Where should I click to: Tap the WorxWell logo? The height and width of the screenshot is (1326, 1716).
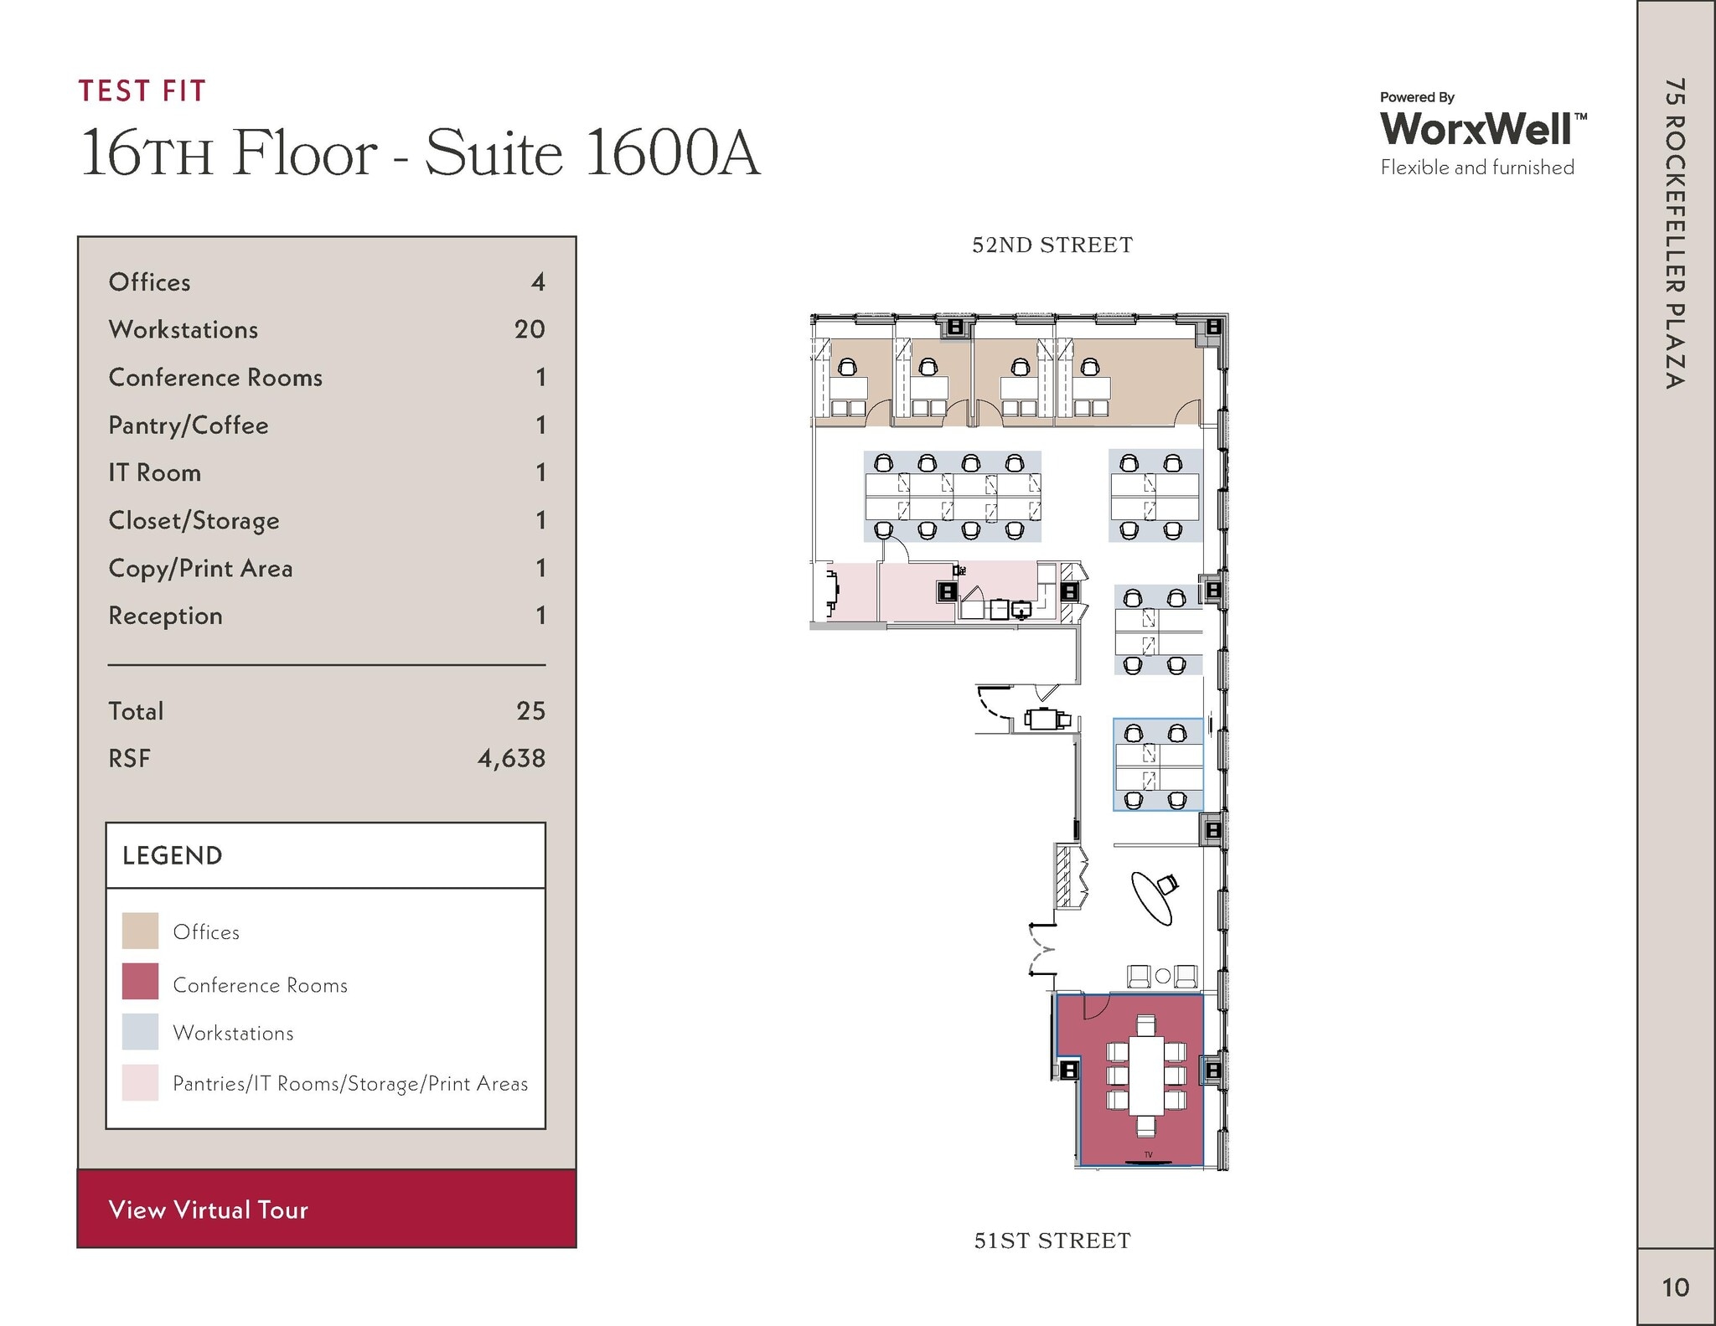(x=1482, y=129)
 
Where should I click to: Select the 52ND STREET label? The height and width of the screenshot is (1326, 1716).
(x=1052, y=245)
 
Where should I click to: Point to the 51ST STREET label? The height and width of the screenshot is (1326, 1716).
(x=1052, y=1241)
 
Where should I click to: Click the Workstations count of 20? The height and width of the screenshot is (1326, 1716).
(x=530, y=329)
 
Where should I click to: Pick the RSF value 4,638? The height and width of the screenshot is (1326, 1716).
(x=511, y=758)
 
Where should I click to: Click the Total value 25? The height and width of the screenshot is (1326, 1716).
(x=530, y=711)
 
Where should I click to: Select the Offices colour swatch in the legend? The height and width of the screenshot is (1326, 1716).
(x=140, y=931)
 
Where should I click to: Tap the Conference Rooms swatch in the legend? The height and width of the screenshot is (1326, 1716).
(x=140, y=981)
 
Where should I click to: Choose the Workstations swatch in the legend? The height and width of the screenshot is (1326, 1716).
(x=140, y=1032)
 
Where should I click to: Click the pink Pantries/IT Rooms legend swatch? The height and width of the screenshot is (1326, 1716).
(x=140, y=1082)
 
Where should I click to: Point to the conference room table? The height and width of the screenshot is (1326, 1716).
(x=1145, y=1076)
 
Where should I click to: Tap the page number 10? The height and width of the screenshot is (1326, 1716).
(x=1675, y=1287)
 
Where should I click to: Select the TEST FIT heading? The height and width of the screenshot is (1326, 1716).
(x=142, y=90)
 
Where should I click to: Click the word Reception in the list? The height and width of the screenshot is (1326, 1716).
(x=166, y=616)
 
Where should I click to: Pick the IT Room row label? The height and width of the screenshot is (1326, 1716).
(x=155, y=472)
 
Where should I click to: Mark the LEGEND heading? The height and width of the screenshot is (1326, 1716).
(x=173, y=855)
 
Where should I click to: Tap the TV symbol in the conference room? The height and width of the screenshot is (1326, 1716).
(x=1148, y=1156)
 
